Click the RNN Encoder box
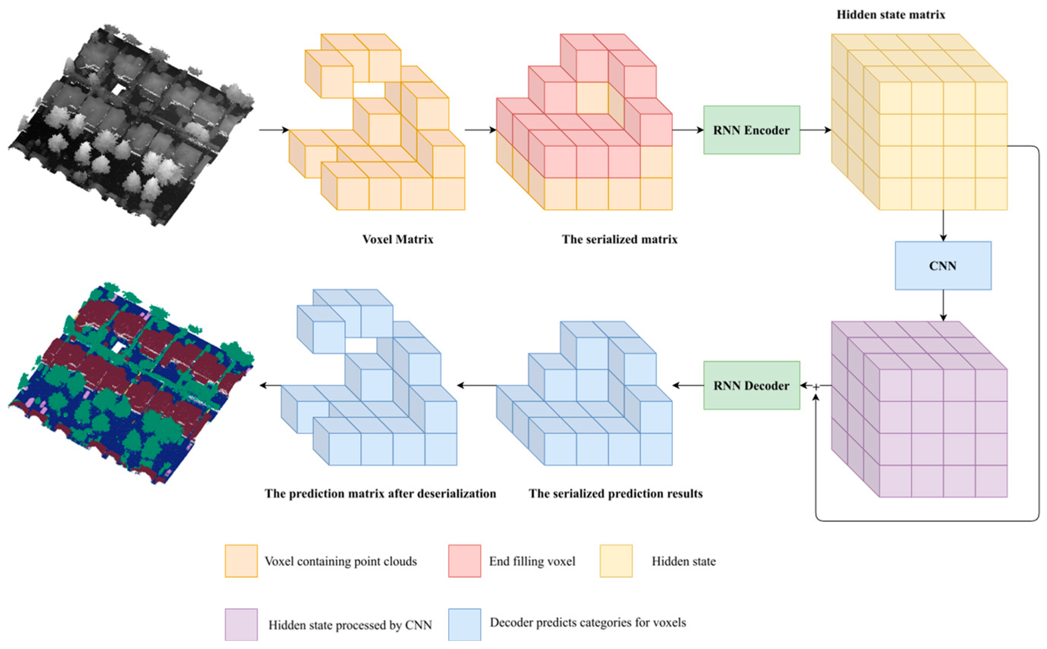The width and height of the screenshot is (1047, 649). [x=751, y=130]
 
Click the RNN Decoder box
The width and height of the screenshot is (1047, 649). [x=751, y=385]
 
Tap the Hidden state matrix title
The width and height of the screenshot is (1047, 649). [x=890, y=15]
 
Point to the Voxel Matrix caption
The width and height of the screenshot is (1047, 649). [x=397, y=239]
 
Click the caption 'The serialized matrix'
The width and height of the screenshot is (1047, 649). [x=619, y=239]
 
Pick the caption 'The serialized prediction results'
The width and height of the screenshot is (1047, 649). [x=615, y=493]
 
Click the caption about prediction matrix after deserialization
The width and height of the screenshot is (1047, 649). [x=380, y=493]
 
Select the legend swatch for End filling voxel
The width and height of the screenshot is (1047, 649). [x=464, y=560]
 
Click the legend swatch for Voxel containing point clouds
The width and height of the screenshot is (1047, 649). [x=241, y=560]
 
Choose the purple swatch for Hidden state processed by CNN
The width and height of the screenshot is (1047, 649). [x=241, y=624]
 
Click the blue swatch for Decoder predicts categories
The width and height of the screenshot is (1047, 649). [x=464, y=624]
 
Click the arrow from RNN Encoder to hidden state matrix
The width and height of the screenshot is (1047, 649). [x=815, y=130]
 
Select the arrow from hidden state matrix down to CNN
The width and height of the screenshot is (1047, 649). [x=943, y=225]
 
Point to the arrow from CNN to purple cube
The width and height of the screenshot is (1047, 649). [x=943, y=305]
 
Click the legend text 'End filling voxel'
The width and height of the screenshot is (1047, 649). [x=532, y=561]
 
